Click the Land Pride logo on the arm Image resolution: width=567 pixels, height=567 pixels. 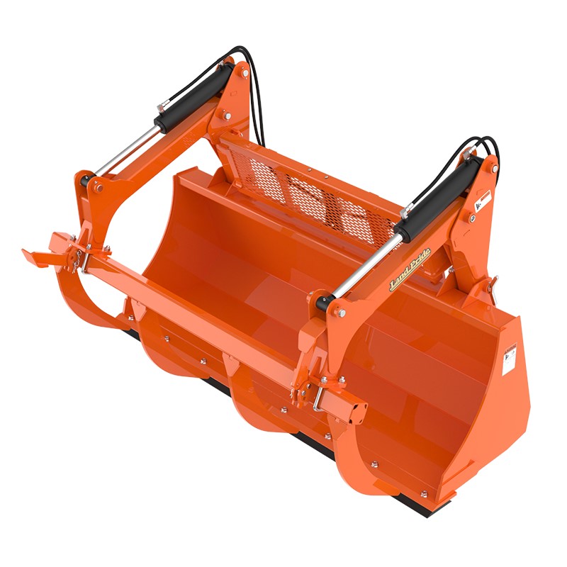pos(410,279)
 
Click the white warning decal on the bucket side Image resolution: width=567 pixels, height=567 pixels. pos(509,361)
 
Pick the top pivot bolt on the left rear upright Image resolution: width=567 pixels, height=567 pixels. pos(244,73)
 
